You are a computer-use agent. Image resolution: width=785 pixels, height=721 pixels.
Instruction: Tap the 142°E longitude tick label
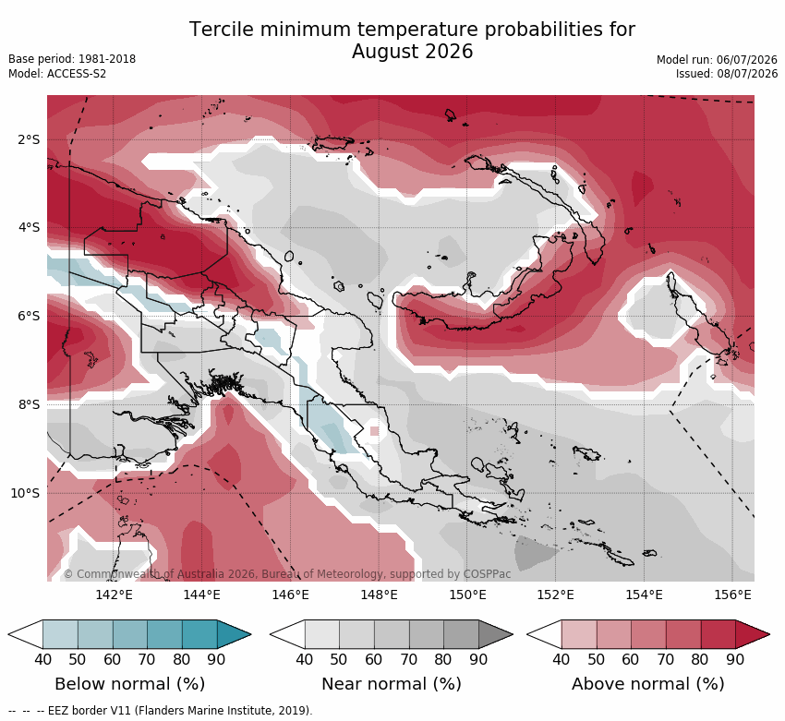coord(115,595)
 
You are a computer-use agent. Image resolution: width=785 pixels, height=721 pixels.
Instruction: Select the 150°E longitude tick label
coord(467,595)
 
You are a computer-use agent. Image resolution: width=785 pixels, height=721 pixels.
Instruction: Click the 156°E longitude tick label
coord(732,595)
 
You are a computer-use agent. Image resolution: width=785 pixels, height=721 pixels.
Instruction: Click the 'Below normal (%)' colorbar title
coord(129,684)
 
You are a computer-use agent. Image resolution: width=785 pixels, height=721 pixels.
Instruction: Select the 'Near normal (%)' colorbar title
coord(391,684)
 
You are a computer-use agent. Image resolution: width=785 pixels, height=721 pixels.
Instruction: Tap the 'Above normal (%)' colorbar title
coord(647,684)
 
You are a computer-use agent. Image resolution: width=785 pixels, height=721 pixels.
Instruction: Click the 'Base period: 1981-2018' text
coord(72,59)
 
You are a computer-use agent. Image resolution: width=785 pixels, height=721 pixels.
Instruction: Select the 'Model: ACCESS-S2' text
coord(57,74)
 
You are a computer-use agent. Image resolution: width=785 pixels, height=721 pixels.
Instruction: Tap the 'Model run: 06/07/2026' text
coord(717,60)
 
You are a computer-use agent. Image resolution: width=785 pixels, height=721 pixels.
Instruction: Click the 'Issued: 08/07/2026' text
coord(727,74)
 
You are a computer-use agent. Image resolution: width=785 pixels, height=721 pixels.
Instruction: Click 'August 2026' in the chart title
coord(412,52)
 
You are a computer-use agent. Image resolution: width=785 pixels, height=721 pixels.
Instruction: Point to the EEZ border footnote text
coord(160,711)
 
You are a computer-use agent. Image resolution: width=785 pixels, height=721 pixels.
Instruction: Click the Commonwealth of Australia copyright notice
coord(287,574)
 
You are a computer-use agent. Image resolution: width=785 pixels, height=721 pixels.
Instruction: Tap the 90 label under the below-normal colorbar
coord(216,659)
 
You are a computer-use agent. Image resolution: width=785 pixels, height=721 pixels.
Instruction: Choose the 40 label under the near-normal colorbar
coord(305,659)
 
